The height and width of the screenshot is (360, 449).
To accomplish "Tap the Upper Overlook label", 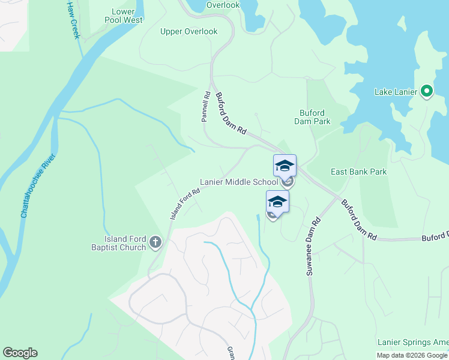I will click(x=188, y=32).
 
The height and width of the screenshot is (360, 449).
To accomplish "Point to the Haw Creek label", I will click(x=73, y=19).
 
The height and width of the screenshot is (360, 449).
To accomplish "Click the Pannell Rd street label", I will click(x=205, y=107).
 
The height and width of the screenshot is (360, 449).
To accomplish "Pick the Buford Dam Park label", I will click(x=312, y=117).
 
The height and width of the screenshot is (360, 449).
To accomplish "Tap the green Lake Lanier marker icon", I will click(x=427, y=91).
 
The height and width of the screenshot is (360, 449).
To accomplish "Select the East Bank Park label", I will click(x=359, y=172).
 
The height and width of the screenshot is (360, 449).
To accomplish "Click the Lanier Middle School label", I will click(x=239, y=182).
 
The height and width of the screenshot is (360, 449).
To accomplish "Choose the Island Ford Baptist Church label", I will click(x=118, y=242).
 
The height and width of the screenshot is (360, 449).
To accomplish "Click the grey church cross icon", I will click(x=155, y=242).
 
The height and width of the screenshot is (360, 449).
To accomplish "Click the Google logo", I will click(x=20, y=353).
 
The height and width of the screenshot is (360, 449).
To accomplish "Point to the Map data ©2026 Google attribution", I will click(x=412, y=355).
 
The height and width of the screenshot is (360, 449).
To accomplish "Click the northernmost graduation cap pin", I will click(x=285, y=166).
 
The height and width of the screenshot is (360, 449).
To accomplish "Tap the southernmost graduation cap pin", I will click(x=277, y=202).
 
